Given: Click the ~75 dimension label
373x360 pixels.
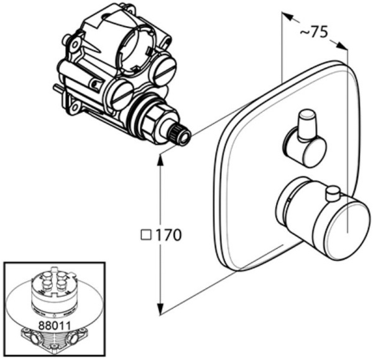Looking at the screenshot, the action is click(313, 32).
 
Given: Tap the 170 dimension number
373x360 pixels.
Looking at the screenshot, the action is click(168, 235).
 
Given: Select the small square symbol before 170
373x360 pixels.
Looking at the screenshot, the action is click(146, 235).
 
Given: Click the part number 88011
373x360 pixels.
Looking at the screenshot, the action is click(55, 325).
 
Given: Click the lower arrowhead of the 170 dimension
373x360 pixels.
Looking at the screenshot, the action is click(160, 310).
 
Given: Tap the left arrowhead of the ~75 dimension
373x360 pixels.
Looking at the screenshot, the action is click(287, 16).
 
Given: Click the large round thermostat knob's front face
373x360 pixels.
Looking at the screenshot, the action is click(348, 229).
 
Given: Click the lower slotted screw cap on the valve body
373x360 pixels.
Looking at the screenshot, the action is click(121, 95).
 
